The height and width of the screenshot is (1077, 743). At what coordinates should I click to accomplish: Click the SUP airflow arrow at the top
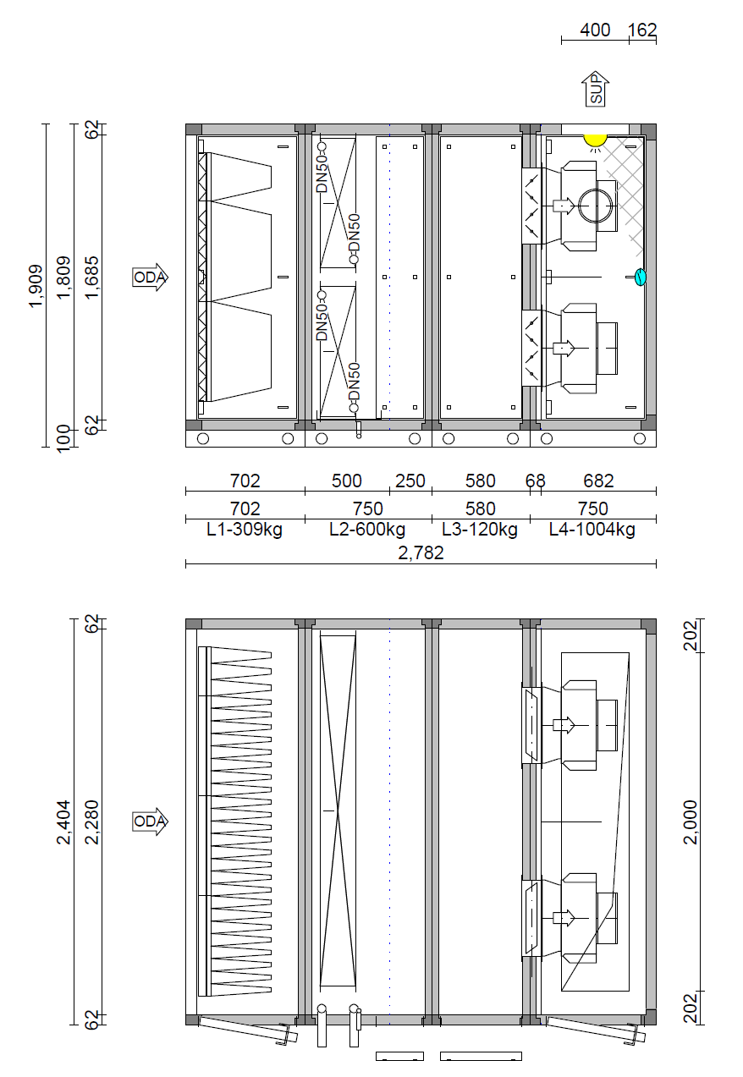[596, 89]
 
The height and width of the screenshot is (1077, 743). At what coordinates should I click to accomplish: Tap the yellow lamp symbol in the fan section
[596, 140]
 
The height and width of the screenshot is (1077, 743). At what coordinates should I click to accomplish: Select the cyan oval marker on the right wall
[640, 277]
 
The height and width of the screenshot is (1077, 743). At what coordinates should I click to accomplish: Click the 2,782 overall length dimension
[421, 553]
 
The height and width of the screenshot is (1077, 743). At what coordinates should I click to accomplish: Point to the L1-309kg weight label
[245, 530]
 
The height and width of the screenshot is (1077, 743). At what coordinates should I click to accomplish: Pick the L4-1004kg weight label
[592, 530]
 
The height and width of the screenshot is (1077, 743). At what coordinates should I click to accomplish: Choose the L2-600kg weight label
[367, 530]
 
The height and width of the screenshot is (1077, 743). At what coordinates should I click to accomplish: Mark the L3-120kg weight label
[480, 530]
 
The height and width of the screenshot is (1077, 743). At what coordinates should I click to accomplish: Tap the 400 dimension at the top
[595, 30]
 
